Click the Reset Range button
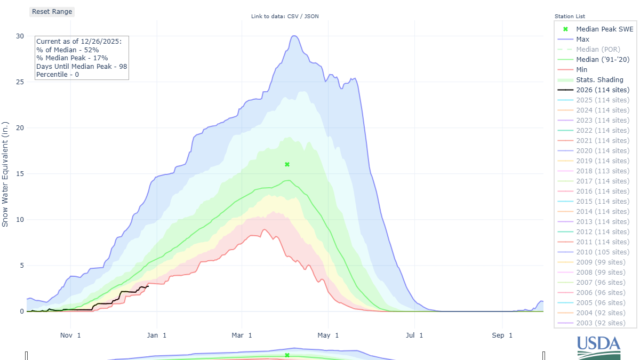(52, 12)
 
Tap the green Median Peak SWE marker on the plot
(287, 164)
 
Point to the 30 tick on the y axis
(20, 36)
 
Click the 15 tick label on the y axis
(20, 174)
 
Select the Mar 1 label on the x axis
(242, 335)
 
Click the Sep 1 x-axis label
(502, 335)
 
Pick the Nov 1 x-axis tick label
(70, 335)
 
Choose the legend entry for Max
(582, 39)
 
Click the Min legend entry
(581, 70)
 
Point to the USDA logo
(599, 347)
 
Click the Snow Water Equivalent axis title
(6, 174)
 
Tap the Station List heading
(570, 17)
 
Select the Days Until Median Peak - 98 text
(82, 66)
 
